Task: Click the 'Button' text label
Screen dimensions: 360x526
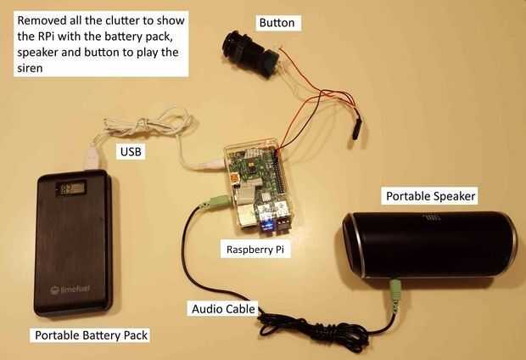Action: click(x=277, y=23)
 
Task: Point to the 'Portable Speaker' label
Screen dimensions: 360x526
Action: click(x=430, y=197)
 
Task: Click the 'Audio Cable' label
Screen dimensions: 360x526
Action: click(x=222, y=310)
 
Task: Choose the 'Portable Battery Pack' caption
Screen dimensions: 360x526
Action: click(x=91, y=335)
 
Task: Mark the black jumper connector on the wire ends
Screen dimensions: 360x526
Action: click(x=355, y=128)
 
